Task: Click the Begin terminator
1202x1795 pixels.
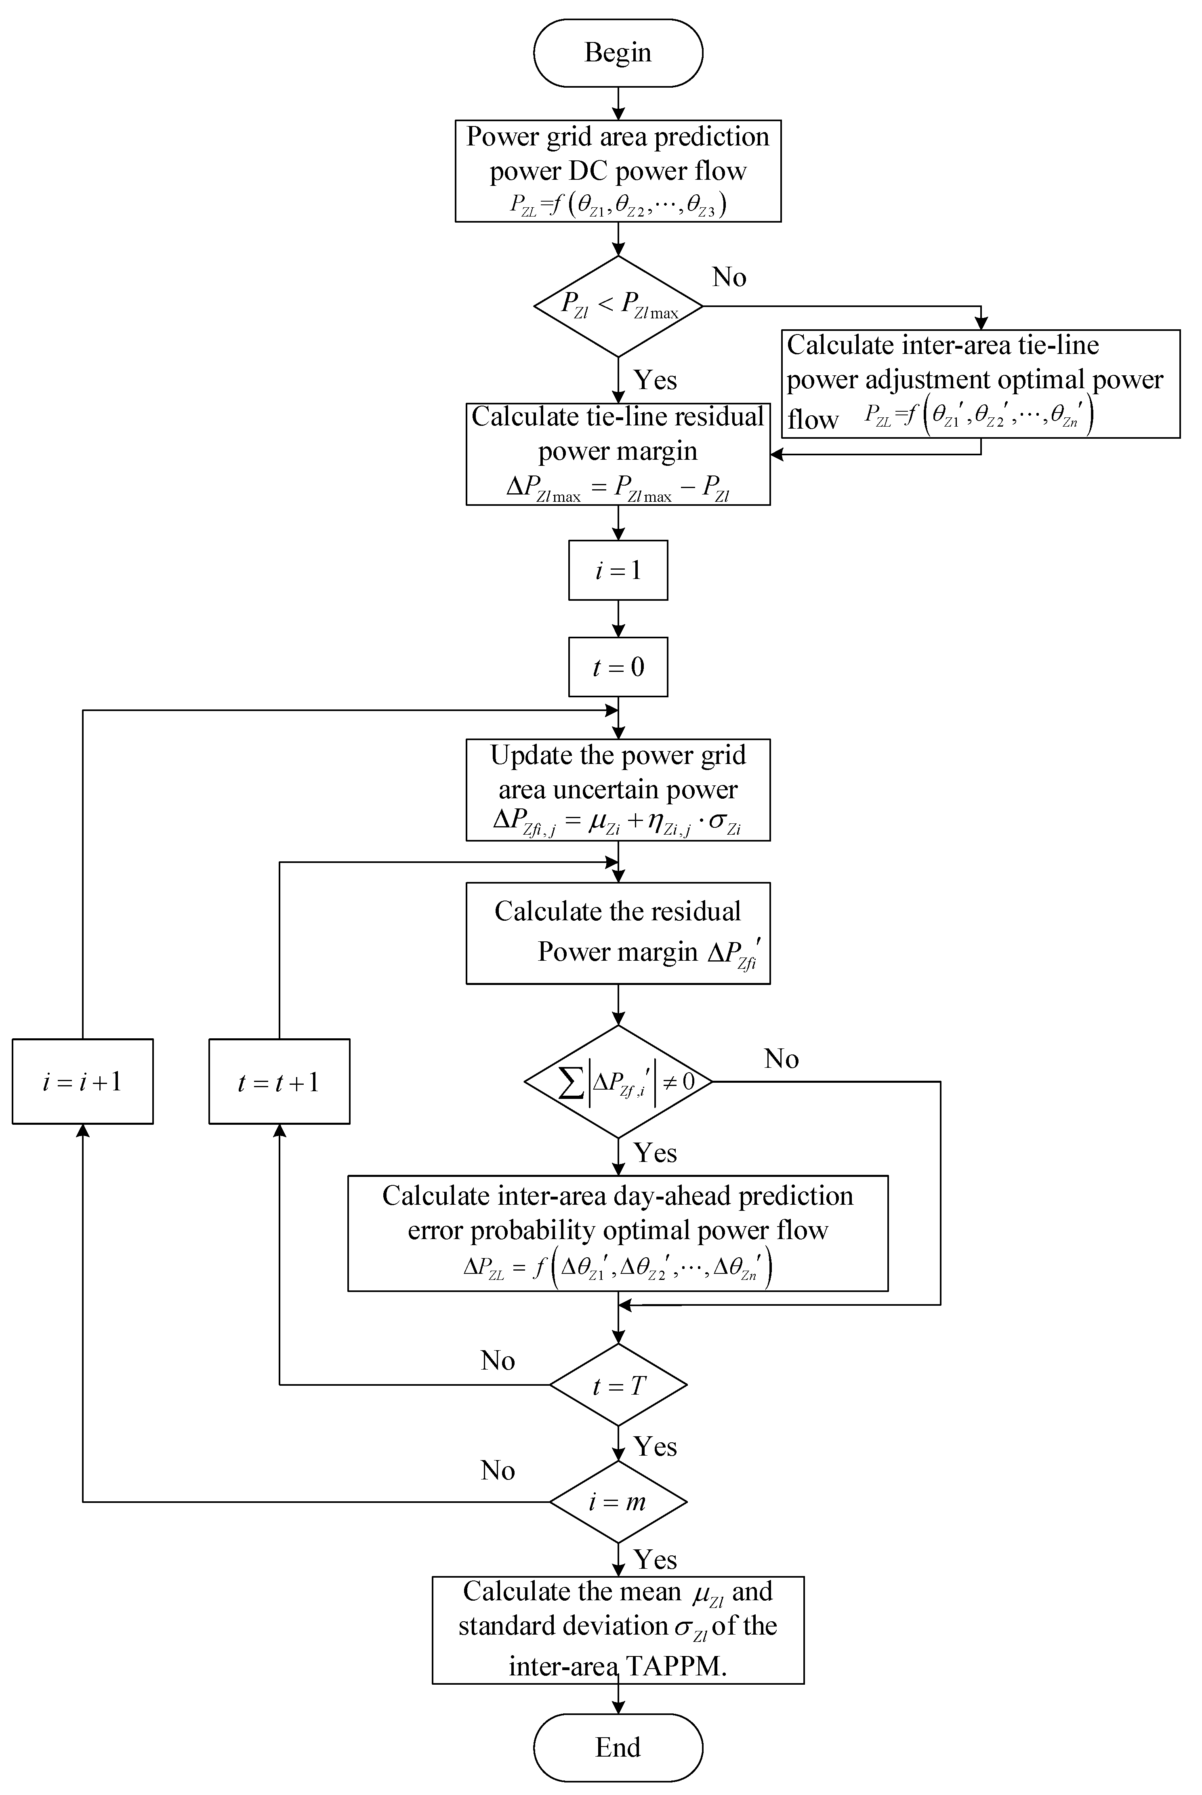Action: (618, 53)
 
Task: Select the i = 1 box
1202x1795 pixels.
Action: (618, 570)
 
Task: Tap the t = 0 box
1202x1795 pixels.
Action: (618, 666)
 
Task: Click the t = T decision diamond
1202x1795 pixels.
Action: (618, 1385)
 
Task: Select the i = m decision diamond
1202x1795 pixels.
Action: (618, 1501)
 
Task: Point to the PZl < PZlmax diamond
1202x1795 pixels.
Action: (618, 306)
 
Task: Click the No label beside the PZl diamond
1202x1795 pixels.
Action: (728, 277)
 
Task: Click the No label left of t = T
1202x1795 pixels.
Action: (498, 1360)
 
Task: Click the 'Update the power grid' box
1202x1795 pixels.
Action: (618, 790)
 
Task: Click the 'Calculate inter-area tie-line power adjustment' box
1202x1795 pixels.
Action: (980, 383)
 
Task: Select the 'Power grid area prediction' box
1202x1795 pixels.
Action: (618, 170)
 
